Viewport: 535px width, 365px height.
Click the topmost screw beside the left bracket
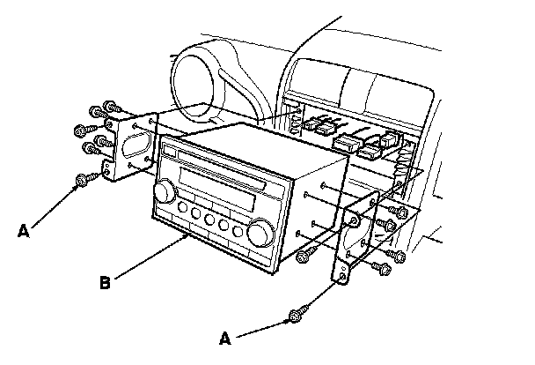click(x=110, y=106)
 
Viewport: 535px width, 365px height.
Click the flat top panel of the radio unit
click(x=255, y=145)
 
